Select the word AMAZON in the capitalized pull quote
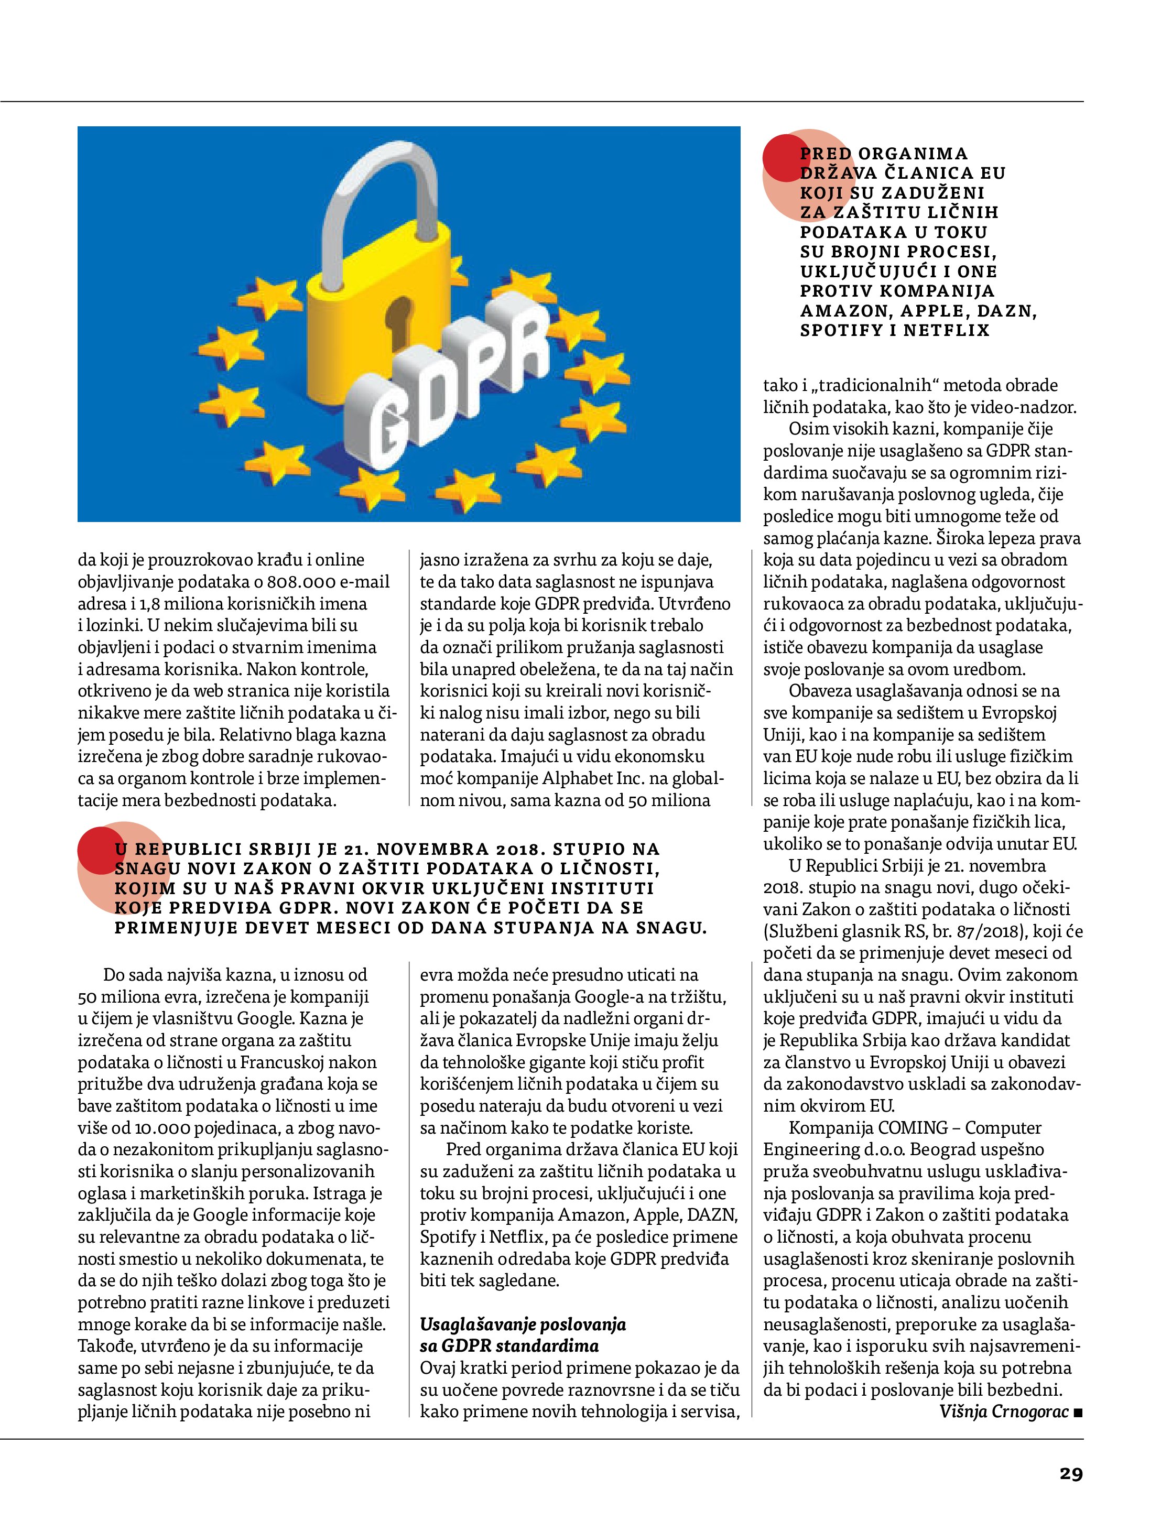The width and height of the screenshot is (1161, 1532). click(x=842, y=311)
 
